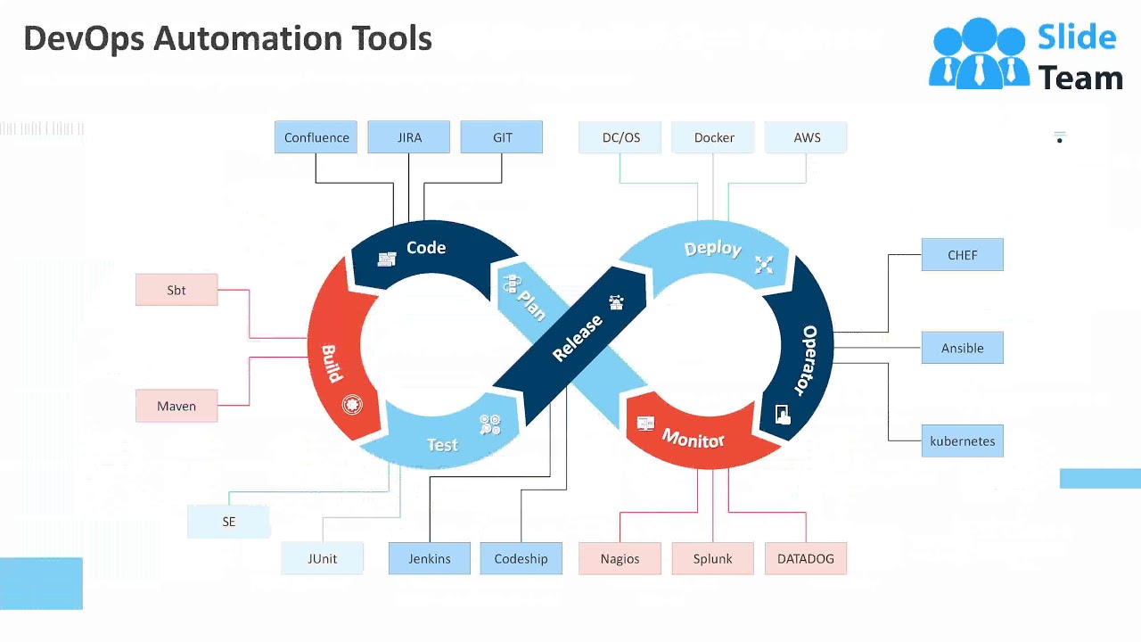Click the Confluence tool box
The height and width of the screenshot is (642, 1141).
(316, 137)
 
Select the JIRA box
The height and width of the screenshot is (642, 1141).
(409, 137)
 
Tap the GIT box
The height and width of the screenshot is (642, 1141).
(502, 137)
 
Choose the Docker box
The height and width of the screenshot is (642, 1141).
(714, 137)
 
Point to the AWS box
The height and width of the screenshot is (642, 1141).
(807, 137)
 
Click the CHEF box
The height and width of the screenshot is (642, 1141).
(962, 255)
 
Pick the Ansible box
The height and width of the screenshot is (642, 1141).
(962, 348)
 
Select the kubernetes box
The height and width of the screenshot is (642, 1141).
(962, 441)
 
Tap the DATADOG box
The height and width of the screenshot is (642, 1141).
(806, 559)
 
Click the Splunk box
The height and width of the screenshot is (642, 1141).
(712, 559)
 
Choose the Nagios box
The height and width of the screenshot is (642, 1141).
(620, 559)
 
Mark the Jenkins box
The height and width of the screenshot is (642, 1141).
(430, 559)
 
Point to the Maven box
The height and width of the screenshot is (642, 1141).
(176, 406)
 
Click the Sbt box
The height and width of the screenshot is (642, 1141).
(176, 290)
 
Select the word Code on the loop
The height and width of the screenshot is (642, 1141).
(426, 248)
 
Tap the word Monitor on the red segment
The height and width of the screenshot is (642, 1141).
(693, 438)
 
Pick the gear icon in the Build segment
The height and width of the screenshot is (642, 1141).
(353, 405)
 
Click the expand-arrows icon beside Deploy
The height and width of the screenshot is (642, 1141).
(764, 264)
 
